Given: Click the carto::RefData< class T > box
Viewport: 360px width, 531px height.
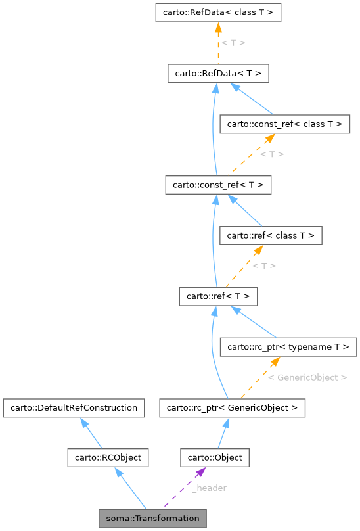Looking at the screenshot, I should (218, 12).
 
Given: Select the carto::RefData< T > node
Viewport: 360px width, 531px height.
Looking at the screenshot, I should (218, 74).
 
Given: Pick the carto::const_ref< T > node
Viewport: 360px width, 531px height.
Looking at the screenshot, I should (218, 185).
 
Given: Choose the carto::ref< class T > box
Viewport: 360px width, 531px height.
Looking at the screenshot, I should (270, 235).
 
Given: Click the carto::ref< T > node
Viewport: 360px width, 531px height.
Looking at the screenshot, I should (218, 296).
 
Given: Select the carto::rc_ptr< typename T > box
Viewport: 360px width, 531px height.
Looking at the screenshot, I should (288, 346).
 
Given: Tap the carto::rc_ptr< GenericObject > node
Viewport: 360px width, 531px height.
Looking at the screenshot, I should (231, 408).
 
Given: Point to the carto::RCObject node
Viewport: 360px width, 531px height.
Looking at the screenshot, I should (108, 457).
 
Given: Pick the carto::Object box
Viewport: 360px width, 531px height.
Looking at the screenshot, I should (215, 457).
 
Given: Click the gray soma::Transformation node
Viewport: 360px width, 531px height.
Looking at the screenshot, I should (152, 518).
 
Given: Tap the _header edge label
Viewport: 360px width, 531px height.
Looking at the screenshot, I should (209, 488).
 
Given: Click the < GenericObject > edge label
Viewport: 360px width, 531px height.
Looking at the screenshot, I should (307, 377).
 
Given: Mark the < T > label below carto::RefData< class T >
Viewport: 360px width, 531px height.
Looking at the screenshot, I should (233, 43).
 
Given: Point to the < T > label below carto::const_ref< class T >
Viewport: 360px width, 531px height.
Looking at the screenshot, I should (271, 154).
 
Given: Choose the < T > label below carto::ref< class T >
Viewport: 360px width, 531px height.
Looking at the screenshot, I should (263, 265).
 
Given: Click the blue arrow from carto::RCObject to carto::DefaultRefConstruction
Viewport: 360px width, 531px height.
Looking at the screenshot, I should (91, 433).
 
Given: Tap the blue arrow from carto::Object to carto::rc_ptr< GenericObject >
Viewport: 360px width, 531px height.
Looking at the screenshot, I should (224, 433).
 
